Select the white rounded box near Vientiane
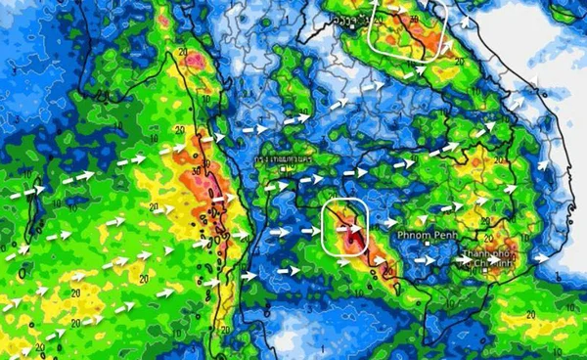pyautogui.click(x=408, y=30)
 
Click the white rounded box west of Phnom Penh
pyautogui.click(x=345, y=226)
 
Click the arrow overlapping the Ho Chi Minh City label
pyautogui.click(x=469, y=260)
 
